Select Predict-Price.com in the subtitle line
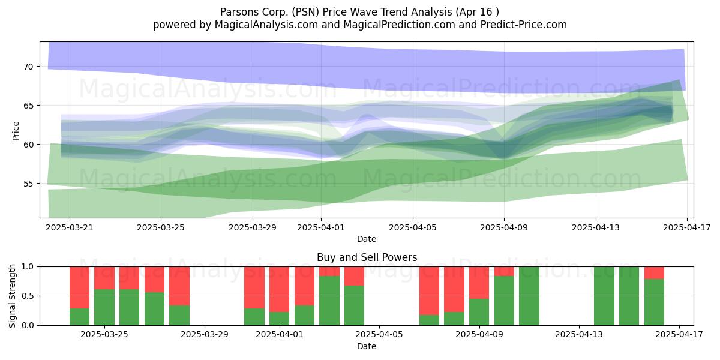tap(524, 25)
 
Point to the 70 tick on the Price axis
tap(28, 67)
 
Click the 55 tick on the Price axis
tap(28, 184)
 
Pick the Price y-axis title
tap(16, 131)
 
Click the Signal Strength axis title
tap(12, 296)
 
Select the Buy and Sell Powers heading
tap(367, 257)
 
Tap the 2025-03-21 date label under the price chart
tap(70, 227)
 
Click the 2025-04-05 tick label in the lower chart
tap(379, 335)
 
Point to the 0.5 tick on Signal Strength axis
tap(28, 296)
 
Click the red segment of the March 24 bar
tap(79, 287)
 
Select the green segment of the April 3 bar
tap(329, 301)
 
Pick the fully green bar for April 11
tap(529, 296)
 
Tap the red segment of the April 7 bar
tap(429, 290)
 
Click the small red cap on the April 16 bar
tap(654, 273)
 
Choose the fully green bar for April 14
tap(604, 296)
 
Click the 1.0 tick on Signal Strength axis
tap(28, 267)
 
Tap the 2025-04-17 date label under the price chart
tap(687, 227)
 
